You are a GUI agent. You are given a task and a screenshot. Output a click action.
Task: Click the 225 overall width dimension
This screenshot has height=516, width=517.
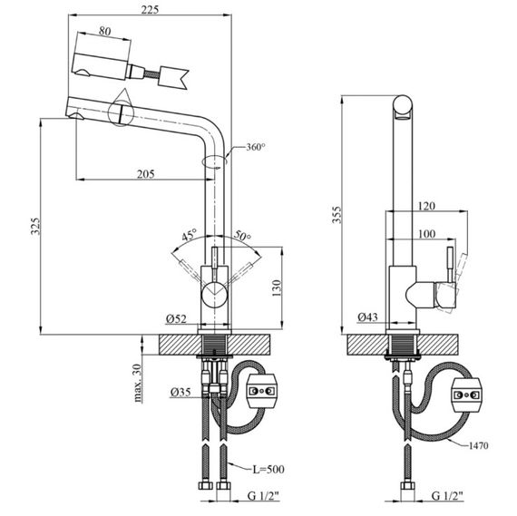coord(150,9)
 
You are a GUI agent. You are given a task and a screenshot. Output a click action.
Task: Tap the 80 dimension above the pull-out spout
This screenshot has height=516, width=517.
coord(105,31)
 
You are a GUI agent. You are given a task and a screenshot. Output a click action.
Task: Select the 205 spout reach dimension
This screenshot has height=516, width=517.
coord(145,174)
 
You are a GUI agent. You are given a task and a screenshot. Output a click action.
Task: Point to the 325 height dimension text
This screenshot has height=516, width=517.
coord(35,226)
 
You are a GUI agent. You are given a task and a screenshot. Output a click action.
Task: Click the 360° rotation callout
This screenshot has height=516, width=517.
coord(256,147)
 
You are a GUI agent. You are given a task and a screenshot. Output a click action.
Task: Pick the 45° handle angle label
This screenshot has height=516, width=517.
coord(190,235)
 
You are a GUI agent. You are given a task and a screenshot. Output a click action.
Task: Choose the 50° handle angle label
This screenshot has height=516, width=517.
coord(242,235)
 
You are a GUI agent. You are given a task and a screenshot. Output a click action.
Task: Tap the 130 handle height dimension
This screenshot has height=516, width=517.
coord(277,287)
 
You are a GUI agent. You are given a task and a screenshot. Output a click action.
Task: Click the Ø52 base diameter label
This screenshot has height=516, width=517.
coord(176,319)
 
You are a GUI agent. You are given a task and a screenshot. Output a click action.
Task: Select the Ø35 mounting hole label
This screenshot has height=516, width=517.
coord(180,392)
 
